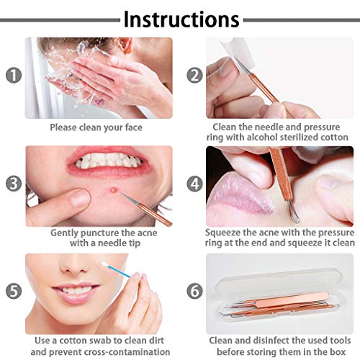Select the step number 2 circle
coord(194,75)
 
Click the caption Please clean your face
coord(96,127)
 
